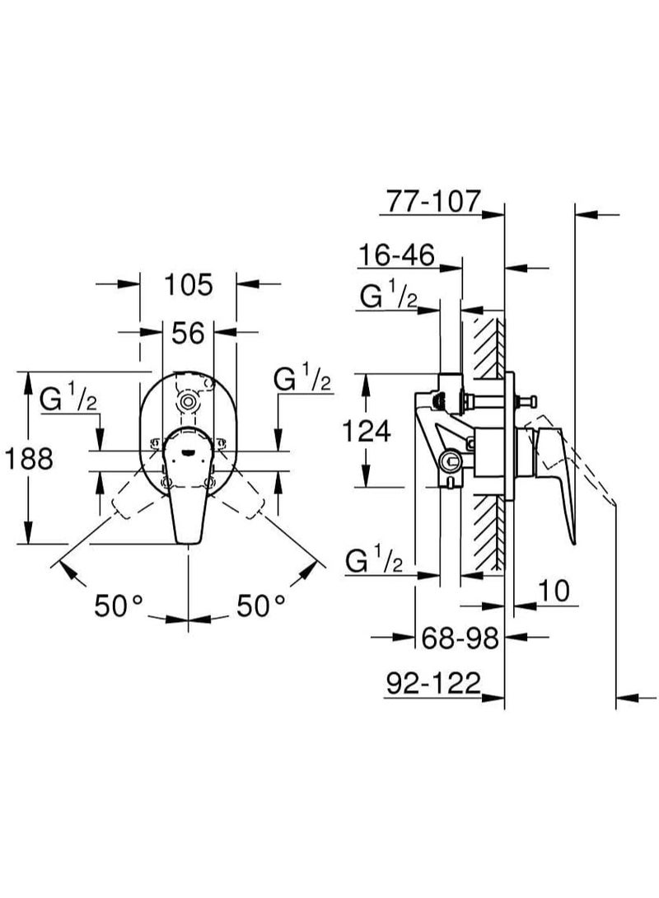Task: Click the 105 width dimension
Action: (189, 284)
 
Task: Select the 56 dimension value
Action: (188, 333)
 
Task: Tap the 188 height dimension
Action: (29, 458)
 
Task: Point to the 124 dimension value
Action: (366, 431)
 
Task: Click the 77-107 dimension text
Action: (432, 201)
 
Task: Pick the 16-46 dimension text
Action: (397, 255)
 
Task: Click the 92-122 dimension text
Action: (433, 683)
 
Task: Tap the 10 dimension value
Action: (554, 591)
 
